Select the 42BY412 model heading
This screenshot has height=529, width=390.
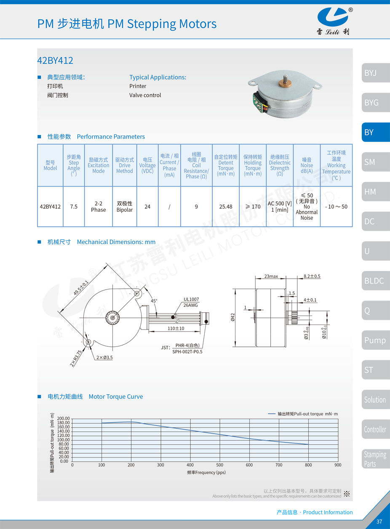pos(55,61)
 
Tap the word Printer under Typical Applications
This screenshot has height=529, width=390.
pos(138,86)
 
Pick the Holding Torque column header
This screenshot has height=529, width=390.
pos(253,165)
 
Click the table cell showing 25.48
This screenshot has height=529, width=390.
pos(226,207)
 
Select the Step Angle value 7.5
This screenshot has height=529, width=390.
pos(74,207)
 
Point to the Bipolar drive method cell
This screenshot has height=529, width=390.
pos(124,207)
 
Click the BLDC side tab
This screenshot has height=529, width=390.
pos(375,281)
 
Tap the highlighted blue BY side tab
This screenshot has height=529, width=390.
pos(375,132)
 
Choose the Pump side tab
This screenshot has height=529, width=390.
pos(375,340)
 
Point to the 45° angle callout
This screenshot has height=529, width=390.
pos(154,301)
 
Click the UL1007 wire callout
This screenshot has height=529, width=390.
pos(191,300)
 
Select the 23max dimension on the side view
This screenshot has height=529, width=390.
pos(271,276)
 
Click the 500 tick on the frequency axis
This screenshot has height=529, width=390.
pos(220,465)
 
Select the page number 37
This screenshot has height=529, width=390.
pos(379,521)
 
